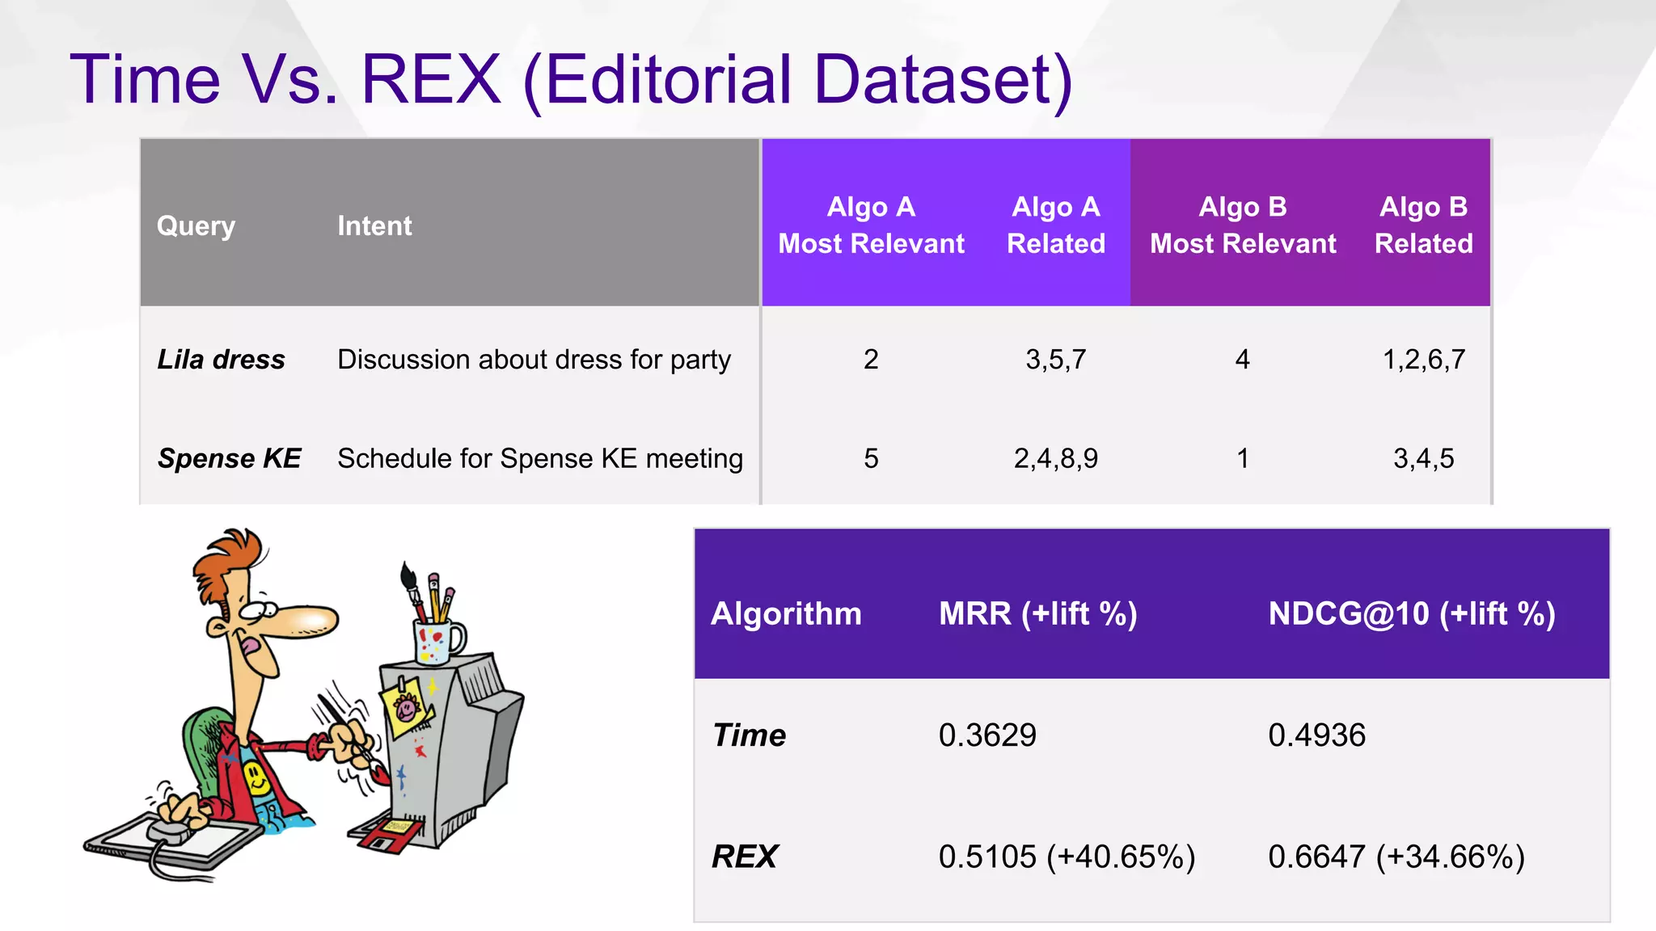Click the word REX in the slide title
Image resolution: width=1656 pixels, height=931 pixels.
(431, 80)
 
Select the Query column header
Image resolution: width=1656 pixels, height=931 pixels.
(196, 225)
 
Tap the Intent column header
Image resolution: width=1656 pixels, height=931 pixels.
(374, 225)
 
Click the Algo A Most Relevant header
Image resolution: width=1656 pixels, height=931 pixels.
(871, 225)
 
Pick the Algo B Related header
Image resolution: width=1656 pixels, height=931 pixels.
(1423, 225)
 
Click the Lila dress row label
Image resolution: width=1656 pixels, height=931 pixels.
(221, 360)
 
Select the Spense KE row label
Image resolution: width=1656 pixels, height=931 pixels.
(230, 458)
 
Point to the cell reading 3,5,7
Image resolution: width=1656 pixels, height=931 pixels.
(1055, 360)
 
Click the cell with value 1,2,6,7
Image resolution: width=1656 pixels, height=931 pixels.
(1423, 360)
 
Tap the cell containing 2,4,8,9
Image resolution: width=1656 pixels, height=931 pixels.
(1055, 458)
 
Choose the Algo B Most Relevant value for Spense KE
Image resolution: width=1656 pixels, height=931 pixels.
(1243, 458)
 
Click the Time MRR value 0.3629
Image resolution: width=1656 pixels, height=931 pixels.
(987, 735)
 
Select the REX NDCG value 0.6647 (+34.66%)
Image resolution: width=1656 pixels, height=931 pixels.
(1396, 857)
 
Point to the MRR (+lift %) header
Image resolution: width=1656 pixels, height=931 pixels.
(1038, 614)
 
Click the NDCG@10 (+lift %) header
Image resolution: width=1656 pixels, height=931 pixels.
(1412, 614)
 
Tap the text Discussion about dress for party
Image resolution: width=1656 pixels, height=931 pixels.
(534, 360)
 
